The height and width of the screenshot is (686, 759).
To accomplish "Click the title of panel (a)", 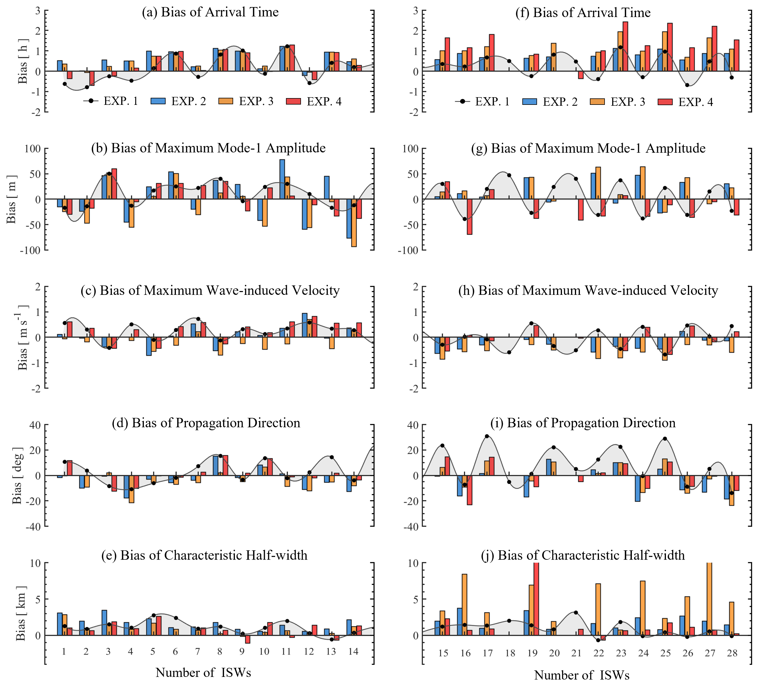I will click(210, 12).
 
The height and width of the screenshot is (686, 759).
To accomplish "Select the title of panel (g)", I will click(588, 148).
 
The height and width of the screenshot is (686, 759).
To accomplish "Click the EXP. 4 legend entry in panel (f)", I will click(685, 102).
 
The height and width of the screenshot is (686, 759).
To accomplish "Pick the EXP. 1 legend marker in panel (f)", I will click(462, 102).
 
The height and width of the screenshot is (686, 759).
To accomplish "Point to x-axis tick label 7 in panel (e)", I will click(198, 651).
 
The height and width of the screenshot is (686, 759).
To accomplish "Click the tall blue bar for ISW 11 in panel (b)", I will click(282, 179).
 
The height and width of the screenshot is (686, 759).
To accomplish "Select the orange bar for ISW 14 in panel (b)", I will click(354, 223).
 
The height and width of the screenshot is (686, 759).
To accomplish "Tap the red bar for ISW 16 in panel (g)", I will click(469, 217).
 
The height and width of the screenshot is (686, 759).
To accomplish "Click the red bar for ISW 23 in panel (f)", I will click(625, 46).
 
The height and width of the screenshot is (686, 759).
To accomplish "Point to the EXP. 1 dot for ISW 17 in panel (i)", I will click(487, 436).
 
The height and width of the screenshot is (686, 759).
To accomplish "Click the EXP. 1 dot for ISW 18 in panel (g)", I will click(509, 175).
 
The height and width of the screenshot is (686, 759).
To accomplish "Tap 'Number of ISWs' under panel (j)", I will click(582, 675).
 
